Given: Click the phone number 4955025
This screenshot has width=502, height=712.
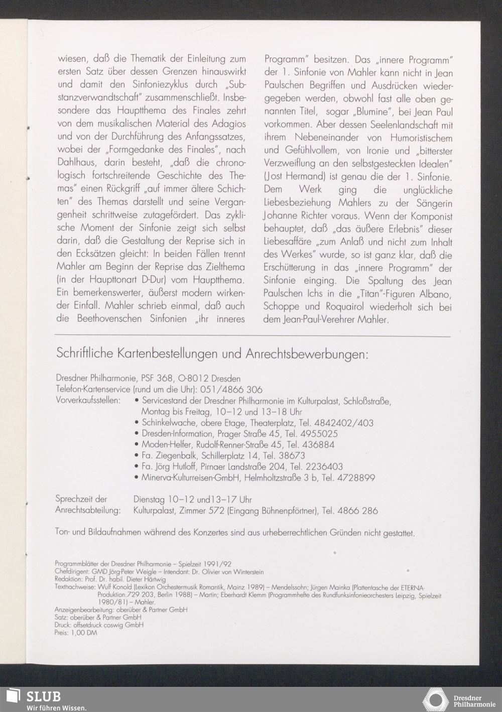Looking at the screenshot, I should (x=319, y=434).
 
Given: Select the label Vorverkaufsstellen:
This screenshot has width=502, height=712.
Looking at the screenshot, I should (x=88, y=401).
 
